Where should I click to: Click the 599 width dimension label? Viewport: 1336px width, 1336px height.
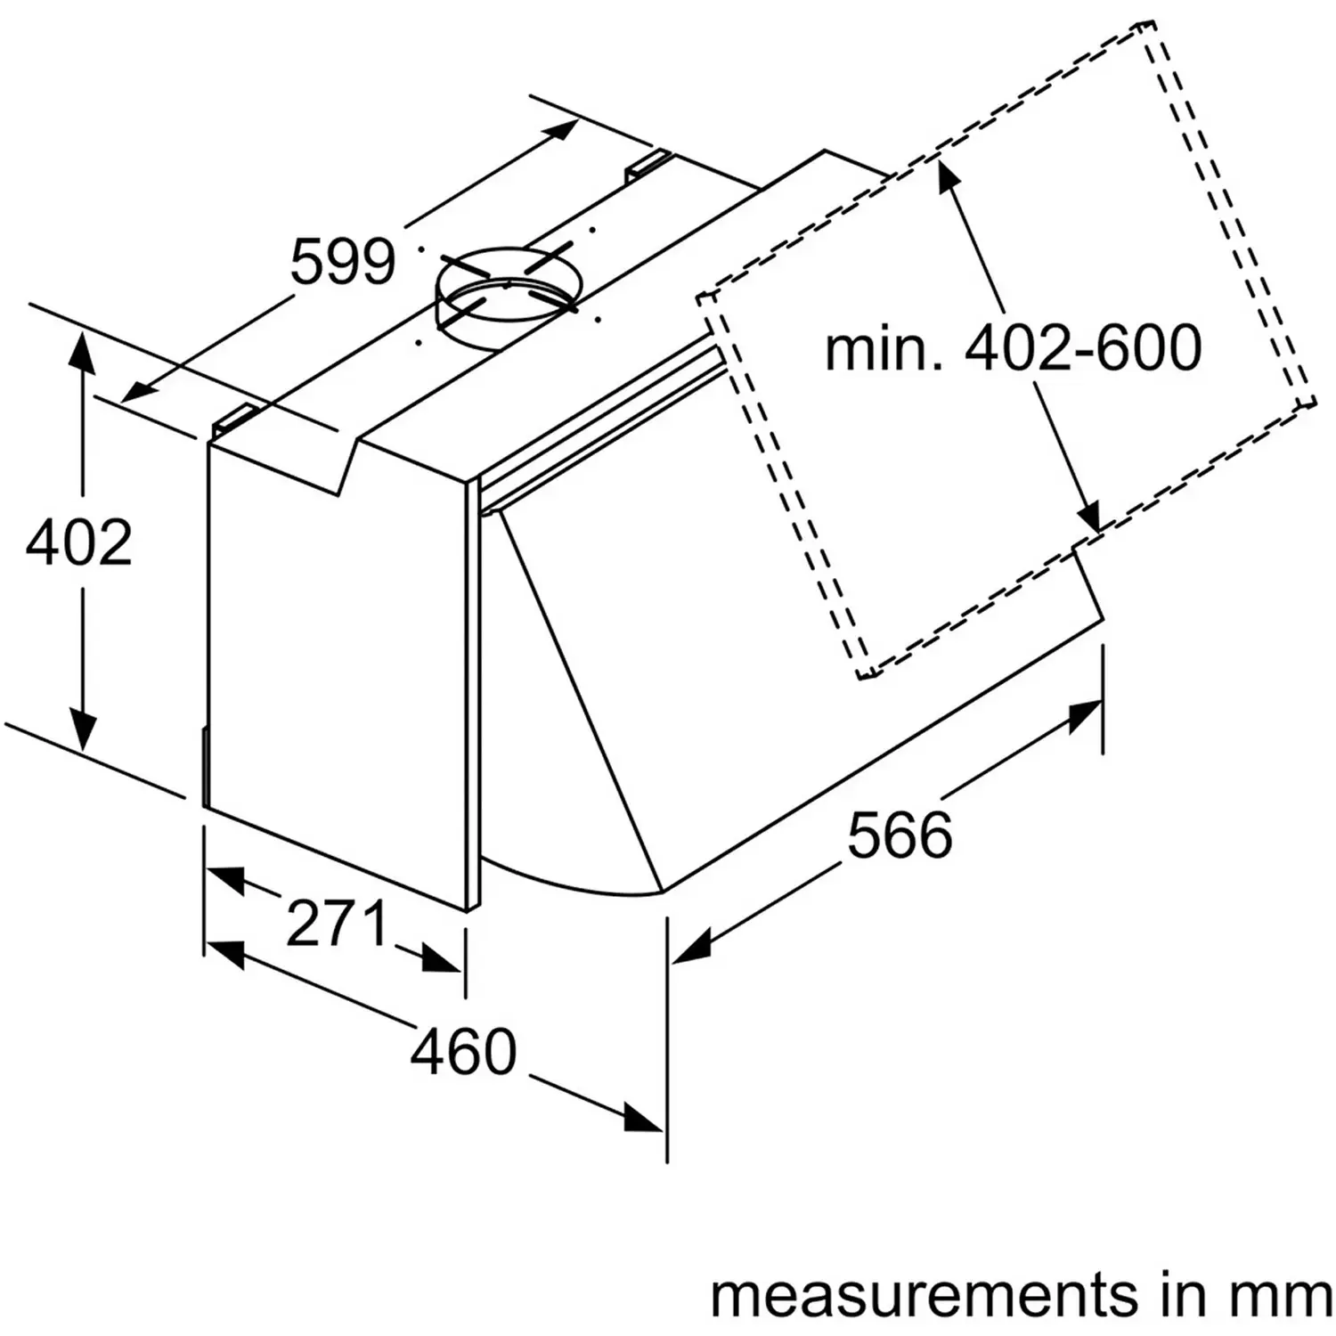click(343, 262)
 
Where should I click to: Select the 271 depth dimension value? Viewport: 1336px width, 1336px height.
click(338, 924)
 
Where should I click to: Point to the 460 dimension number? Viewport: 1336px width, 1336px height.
click(463, 1051)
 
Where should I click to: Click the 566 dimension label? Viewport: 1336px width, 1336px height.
click(900, 835)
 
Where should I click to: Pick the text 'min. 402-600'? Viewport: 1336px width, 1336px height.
click(1013, 348)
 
